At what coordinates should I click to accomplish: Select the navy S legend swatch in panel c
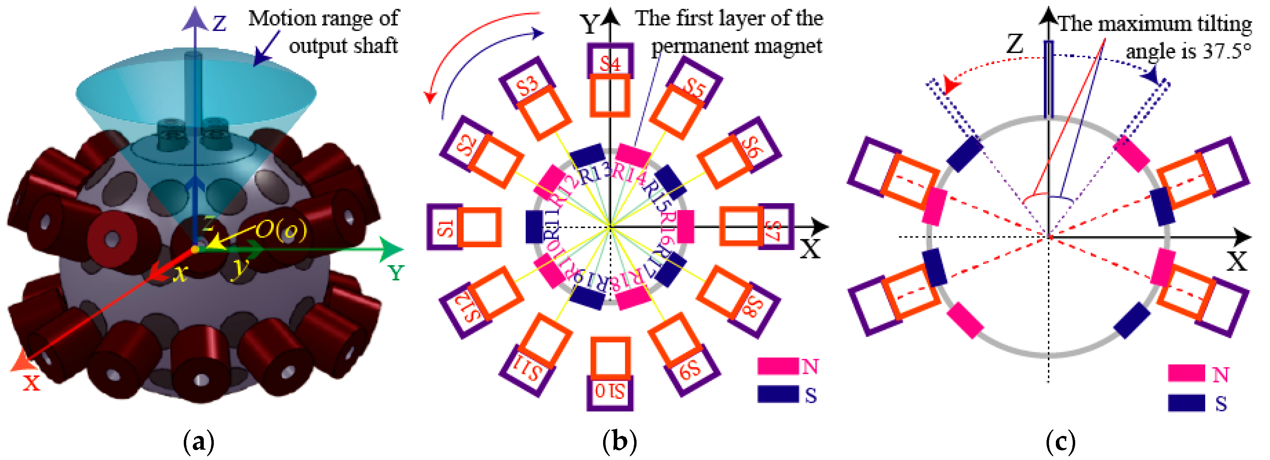pyautogui.click(x=1186, y=402)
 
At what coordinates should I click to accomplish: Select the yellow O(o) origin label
pyautogui.click(x=281, y=230)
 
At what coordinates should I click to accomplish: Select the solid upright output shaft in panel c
pyautogui.click(x=1049, y=79)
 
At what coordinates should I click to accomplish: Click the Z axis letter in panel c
pyautogui.click(x=1014, y=44)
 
